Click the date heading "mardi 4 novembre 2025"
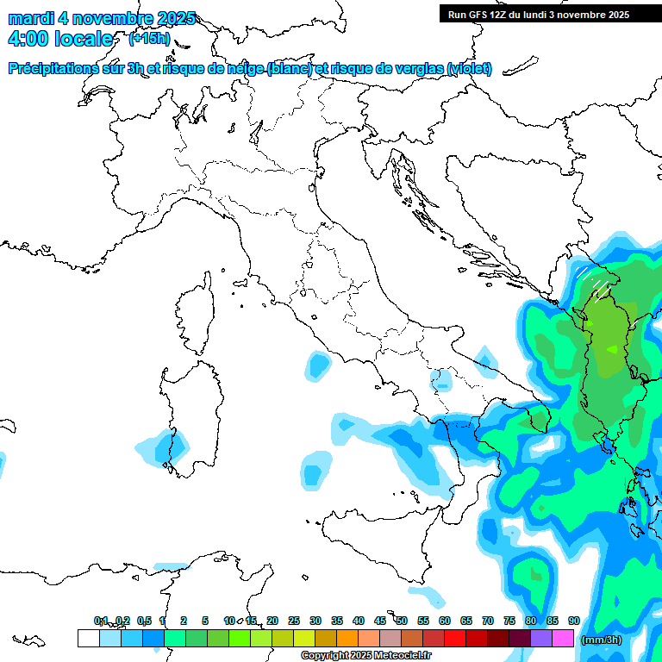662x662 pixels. pos(102,19)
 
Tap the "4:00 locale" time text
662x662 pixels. pos(59,40)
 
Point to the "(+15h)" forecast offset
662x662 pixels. pos(149,39)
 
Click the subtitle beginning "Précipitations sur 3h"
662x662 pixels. pos(250,69)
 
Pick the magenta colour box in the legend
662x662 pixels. pos(563,638)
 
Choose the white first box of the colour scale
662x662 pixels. pos(88,638)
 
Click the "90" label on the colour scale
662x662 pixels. pos(574,621)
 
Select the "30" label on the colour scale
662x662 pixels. pos(315,621)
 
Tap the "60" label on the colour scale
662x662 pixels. pos(445,621)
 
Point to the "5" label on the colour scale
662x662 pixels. pos(205,621)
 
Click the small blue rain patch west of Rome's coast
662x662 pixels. pos(319,367)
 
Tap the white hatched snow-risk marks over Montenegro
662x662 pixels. pos(593,281)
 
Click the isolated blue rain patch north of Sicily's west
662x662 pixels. pos(315,471)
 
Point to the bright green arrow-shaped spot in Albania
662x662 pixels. pos(613,349)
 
